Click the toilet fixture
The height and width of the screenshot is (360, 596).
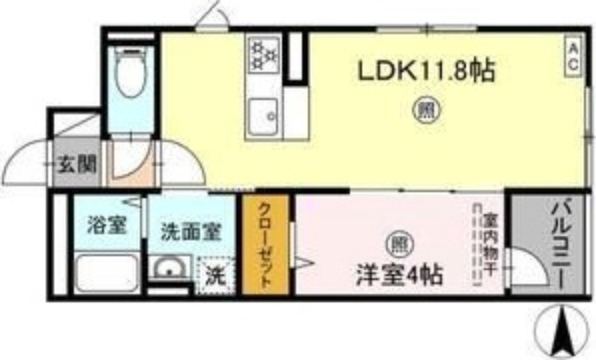click(x=131, y=70)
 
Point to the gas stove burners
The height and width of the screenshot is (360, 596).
click(x=263, y=54)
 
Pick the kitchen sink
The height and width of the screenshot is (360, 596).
click(x=264, y=116)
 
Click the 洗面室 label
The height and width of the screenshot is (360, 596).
click(x=191, y=230)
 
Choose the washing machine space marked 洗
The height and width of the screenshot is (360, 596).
click(x=215, y=275)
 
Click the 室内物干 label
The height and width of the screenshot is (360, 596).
click(x=489, y=242)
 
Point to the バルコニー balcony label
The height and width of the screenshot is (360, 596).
click(x=560, y=243)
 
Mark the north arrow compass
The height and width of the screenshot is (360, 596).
click(x=558, y=329)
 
